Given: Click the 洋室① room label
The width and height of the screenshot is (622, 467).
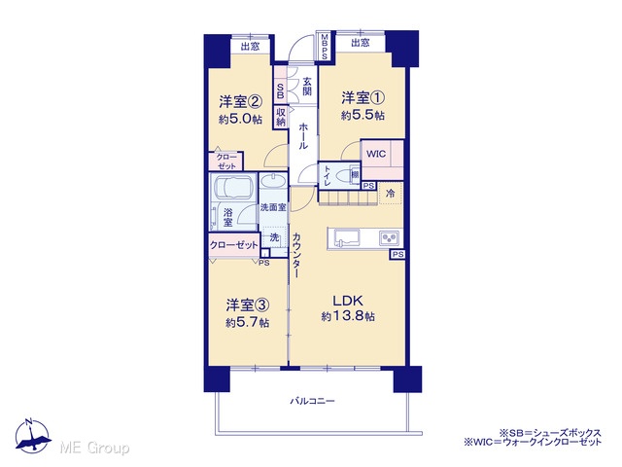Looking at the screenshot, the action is click(x=363, y=97).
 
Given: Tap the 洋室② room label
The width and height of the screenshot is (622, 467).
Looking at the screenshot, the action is click(x=240, y=101).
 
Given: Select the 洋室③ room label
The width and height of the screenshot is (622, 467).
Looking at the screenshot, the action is click(x=248, y=305).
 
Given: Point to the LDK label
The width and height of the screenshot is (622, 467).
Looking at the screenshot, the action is click(x=348, y=301).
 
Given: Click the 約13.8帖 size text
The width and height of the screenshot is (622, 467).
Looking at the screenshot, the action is click(x=348, y=316).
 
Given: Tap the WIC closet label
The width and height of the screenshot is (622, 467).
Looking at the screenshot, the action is click(x=376, y=154).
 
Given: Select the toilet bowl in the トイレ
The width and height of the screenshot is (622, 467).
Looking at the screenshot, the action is click(x=342, y=175).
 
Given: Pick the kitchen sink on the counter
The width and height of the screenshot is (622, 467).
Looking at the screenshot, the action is click(x=347, y=238).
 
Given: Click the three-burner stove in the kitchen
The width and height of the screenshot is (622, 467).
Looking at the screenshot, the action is click(x=389, y=237).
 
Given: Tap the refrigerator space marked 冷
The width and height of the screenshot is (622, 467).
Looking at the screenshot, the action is click(x=391, y=194).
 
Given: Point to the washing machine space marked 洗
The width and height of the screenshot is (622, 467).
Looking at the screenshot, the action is click(x=274, y=237).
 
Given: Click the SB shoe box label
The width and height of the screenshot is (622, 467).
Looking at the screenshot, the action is click(x=280, y=90).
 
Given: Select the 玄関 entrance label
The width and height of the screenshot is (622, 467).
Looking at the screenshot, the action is click(x=307, y=87).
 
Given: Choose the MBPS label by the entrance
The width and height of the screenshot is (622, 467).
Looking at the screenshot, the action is click(x=325, y=47).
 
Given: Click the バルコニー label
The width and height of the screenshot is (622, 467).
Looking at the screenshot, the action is click(x=312, y=401).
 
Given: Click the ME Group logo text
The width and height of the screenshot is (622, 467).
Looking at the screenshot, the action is click(x=94, y=448).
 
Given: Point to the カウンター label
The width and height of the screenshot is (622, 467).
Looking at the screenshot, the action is click(x=295, y=255).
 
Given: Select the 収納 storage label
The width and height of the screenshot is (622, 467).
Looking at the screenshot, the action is click(x=281, y=117).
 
